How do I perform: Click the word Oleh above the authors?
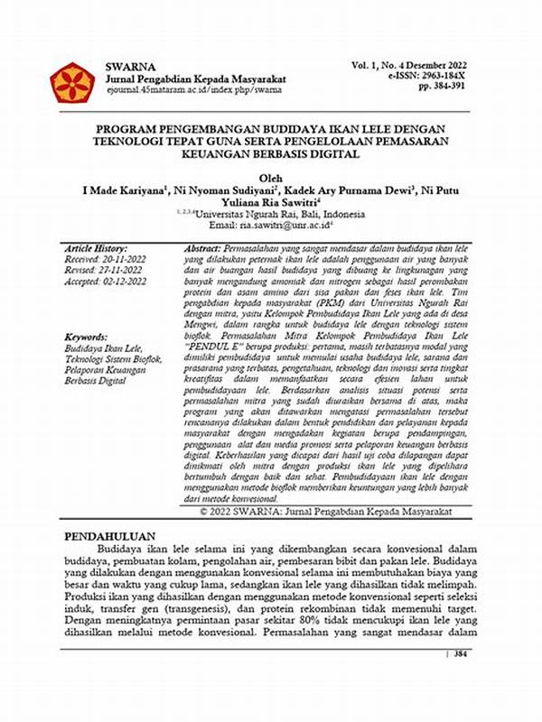click(x=270, y=178)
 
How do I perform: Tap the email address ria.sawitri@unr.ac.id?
click(x=287, y=228)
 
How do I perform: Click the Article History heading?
click(x=98, y=247)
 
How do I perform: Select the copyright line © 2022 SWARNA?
click(x=332, y=510)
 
